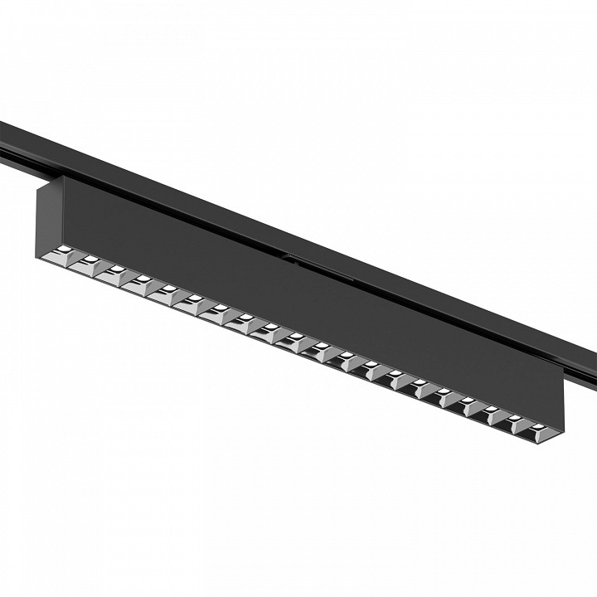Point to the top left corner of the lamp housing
(x=37, y=187)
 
